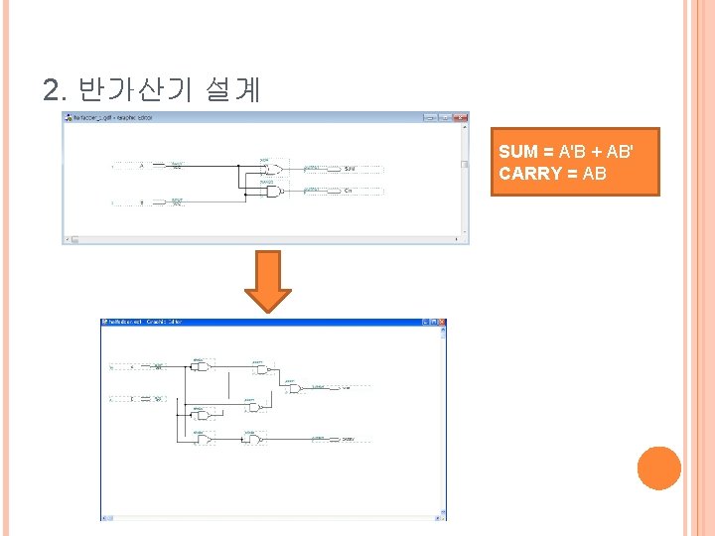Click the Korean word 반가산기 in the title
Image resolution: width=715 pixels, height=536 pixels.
pos(138,90)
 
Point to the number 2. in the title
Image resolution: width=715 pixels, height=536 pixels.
pos(56,91)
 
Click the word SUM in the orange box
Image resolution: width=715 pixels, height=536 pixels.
pos(516,152)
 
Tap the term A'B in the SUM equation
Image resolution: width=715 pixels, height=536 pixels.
pos(573,152)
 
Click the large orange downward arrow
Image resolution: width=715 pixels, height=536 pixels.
pos(268,281)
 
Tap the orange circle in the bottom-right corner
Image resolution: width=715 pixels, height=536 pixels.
pos(659,469)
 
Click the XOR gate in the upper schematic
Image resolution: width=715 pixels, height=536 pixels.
pos(271,168)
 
